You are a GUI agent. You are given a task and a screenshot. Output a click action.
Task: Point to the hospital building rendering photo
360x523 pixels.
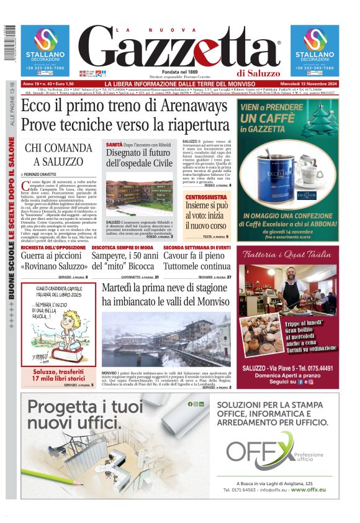point(139,195)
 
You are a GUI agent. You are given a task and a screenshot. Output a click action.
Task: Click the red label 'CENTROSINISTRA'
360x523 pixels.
point(204,197)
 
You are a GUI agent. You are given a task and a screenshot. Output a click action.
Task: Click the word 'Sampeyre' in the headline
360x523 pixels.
point(114,257)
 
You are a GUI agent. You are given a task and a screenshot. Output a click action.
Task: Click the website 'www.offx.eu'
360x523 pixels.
point(308,490)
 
